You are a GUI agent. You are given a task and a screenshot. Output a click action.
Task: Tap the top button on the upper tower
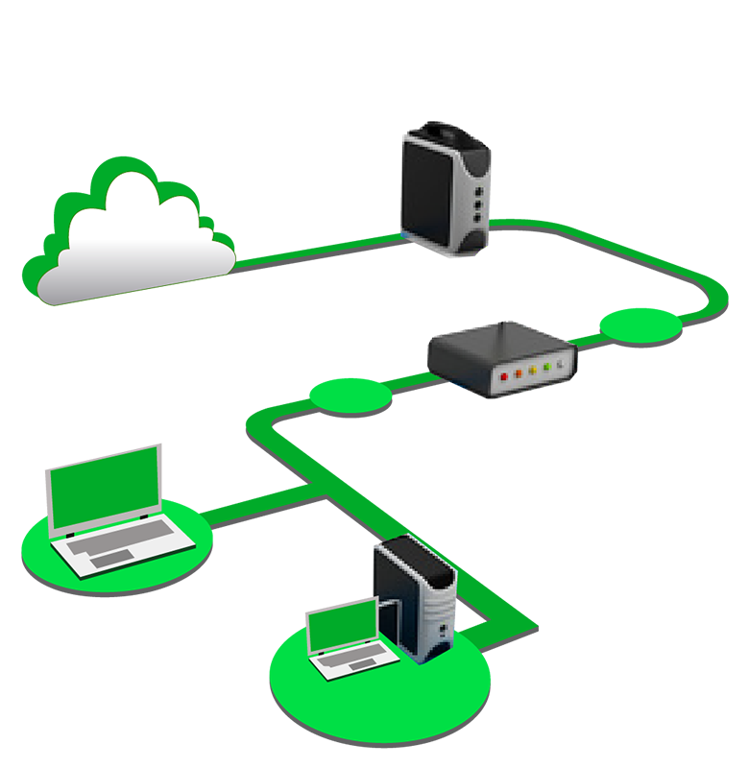click(x=474, y=177)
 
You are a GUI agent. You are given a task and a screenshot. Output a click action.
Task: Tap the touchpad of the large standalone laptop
click(x=115, y=559)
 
